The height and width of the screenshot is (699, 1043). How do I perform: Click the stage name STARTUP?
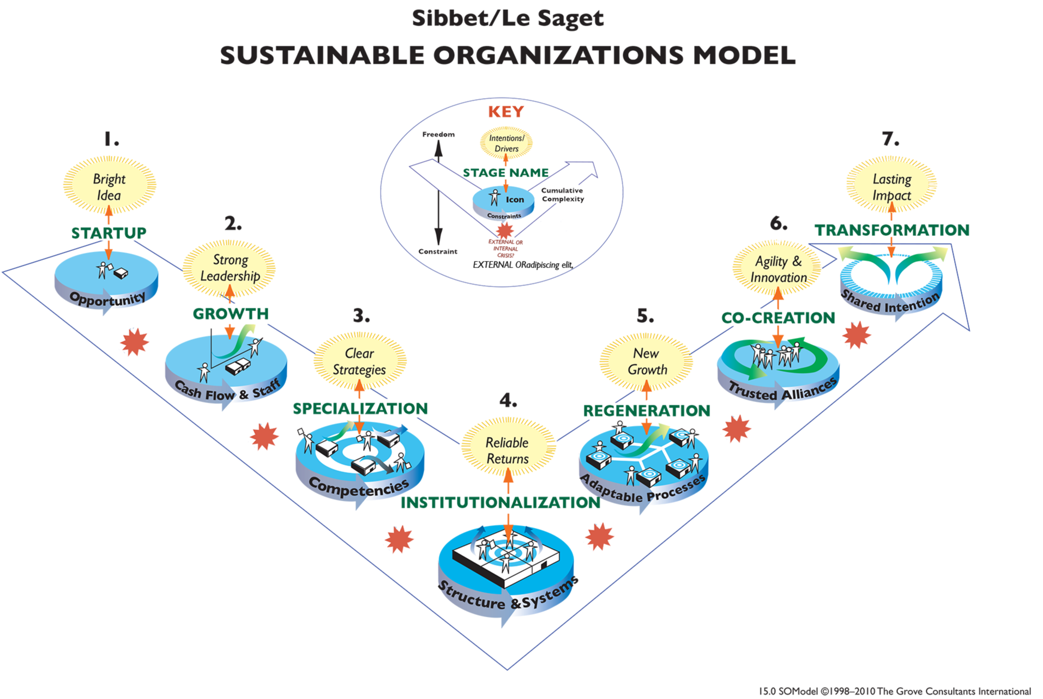point(108,233)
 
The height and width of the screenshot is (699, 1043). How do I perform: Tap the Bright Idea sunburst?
point(110,186)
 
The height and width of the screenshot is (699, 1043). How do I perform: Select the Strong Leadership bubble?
point(230,268)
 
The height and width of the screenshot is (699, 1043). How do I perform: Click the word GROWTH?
point(231,314)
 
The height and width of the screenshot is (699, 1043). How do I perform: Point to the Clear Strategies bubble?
point(359,361)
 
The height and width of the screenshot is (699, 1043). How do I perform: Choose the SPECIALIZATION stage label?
point(360,409)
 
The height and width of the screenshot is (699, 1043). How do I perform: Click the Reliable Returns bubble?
point(507,451)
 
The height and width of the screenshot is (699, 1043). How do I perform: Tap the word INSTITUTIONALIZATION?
point(500,502)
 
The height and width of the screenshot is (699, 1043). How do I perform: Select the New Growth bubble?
point(647,361)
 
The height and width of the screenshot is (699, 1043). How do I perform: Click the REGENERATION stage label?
point(647,411)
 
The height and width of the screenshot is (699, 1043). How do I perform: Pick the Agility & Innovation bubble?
point(778,269)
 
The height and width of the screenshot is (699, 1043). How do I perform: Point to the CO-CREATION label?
point(778,318)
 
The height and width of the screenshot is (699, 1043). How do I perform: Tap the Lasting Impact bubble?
point(891,187)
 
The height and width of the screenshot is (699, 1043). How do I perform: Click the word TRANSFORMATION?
point(892,230)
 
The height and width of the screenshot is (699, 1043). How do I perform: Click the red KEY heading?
point(505,112)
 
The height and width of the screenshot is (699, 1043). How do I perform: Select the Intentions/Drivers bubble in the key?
point(506,143)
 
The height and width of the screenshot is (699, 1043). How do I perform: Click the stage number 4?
point(508,402)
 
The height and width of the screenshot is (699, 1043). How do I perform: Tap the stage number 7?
point(890,139)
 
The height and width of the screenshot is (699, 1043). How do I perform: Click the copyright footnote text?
point(894,691)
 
